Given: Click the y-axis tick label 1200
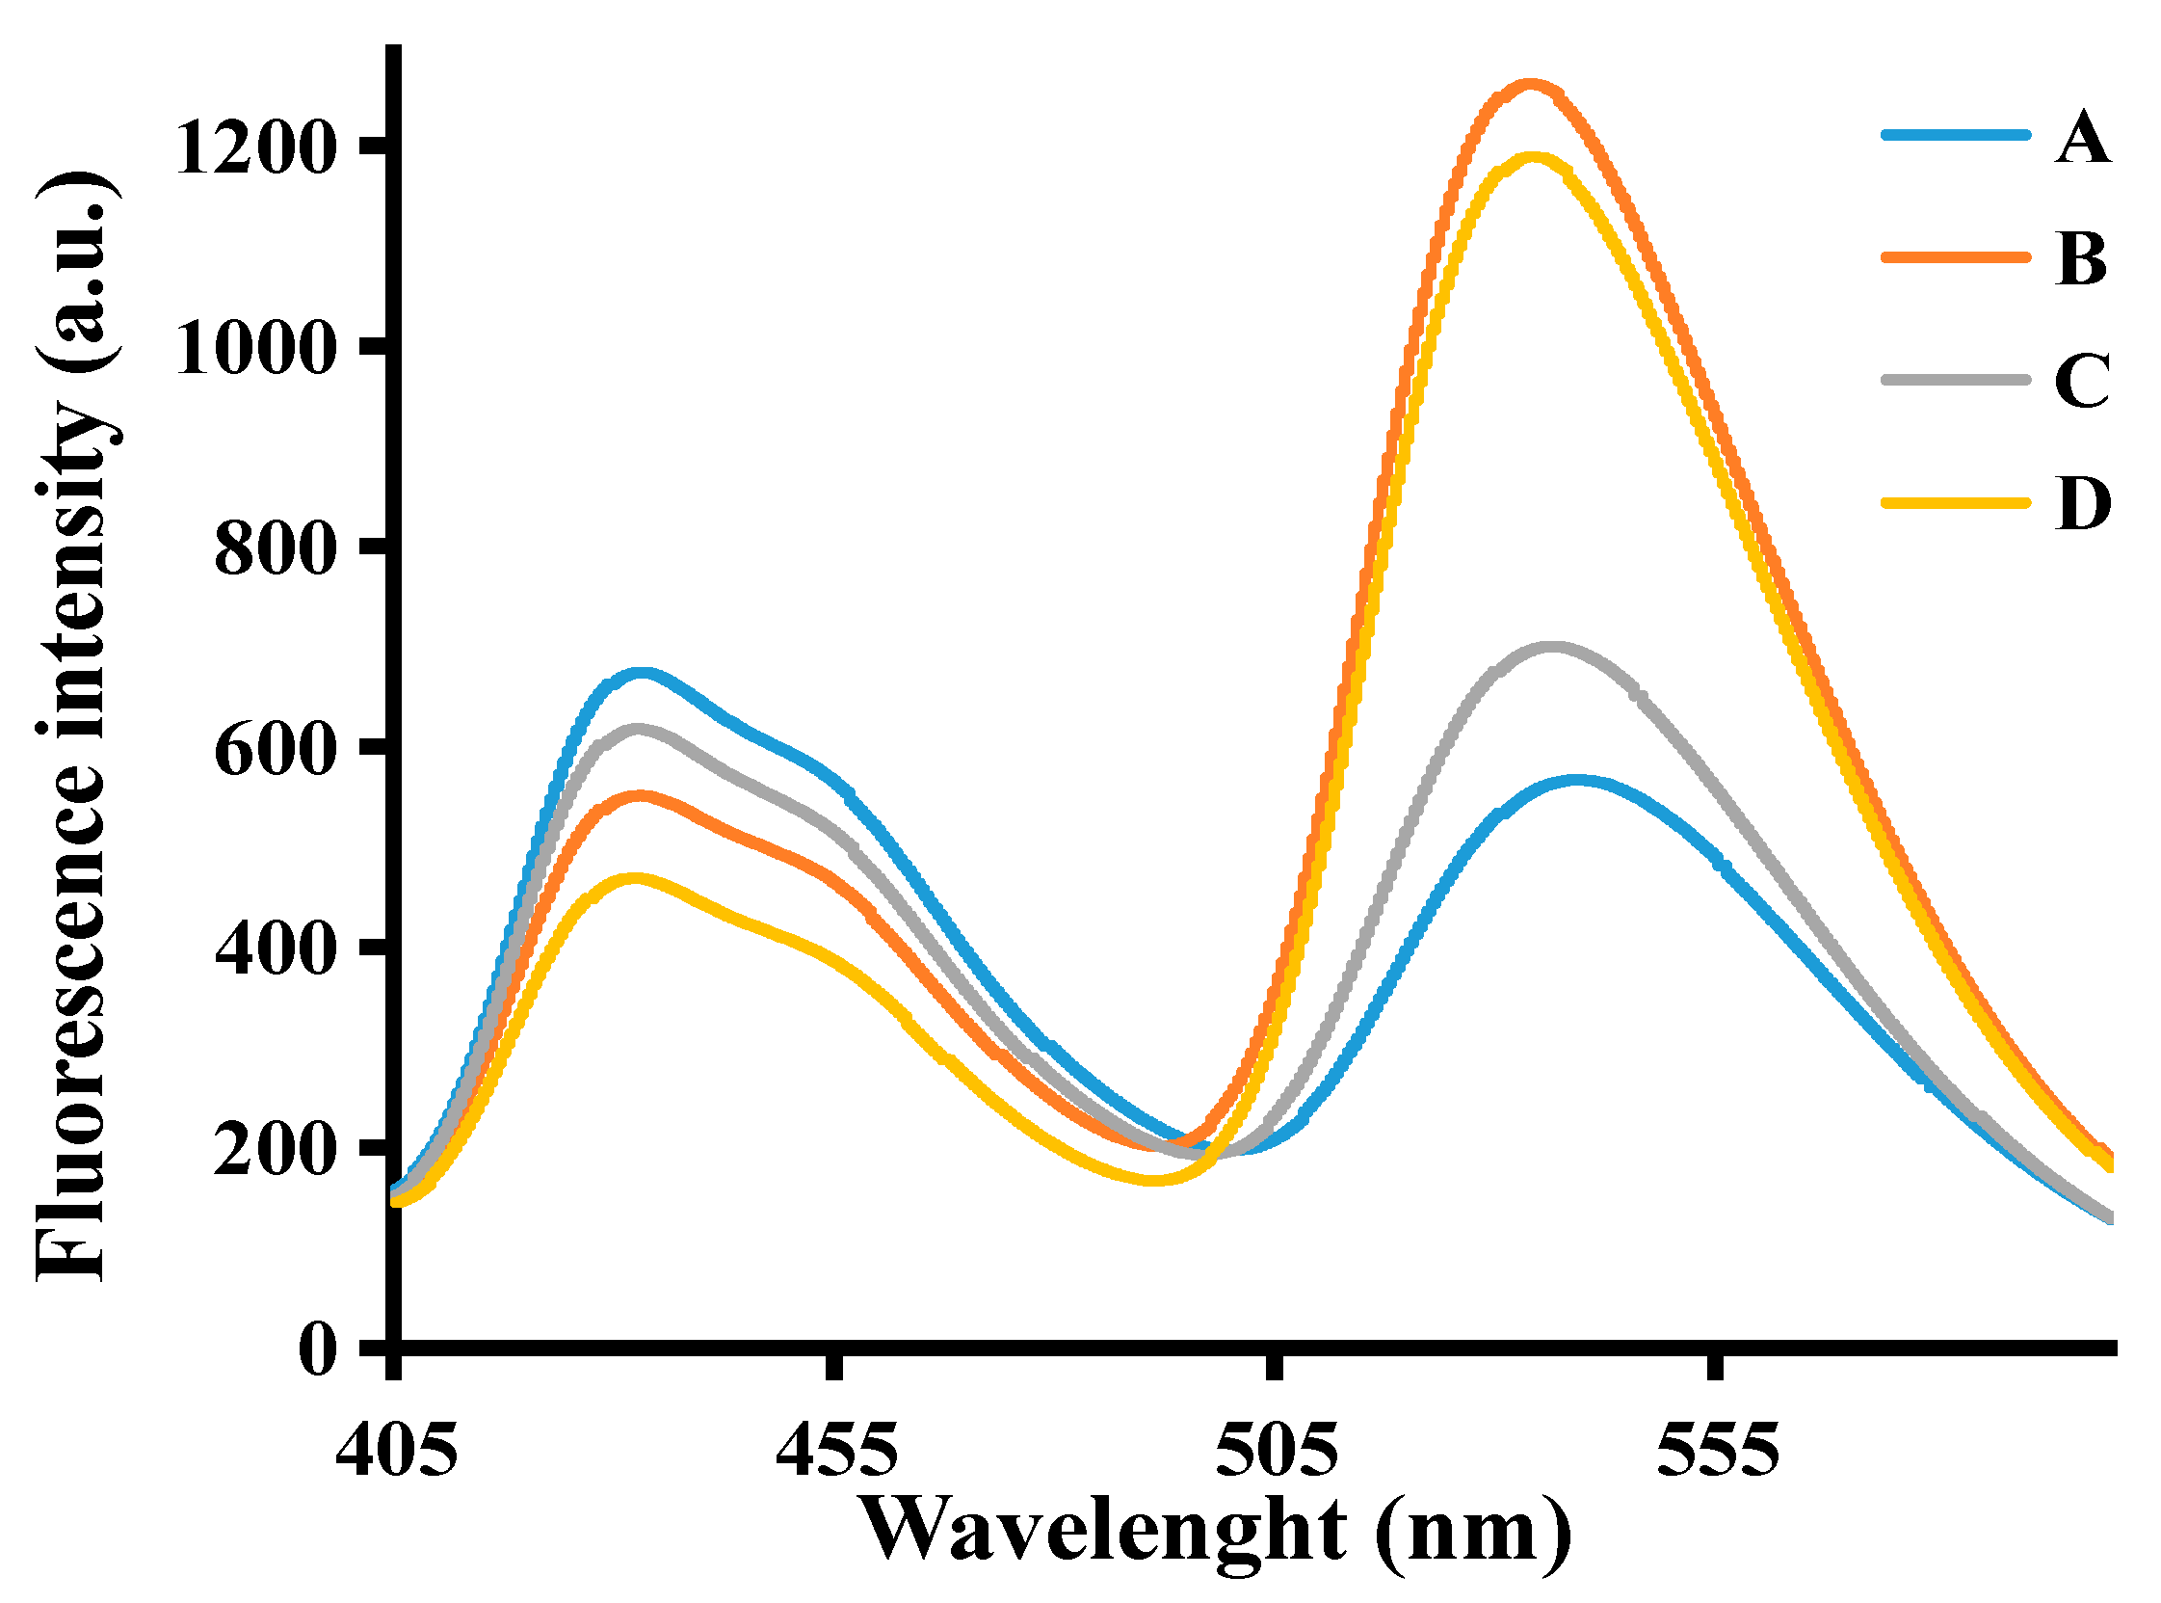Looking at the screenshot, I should click(x=255, y=150).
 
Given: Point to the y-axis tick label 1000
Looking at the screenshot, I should click(x=255, y=350).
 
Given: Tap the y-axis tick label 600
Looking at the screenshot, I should click(x=275, y=752).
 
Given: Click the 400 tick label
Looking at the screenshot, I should click(x=275, y=952).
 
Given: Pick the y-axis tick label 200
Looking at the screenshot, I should click(x=275, y=1153).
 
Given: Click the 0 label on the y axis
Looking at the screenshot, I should click(x=317, y=1350).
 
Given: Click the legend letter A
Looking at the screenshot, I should click(x=2081, y=138).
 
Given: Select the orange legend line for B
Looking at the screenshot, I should click(x=1956, y=257).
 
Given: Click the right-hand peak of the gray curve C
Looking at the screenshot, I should click(x=1552, y=646).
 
